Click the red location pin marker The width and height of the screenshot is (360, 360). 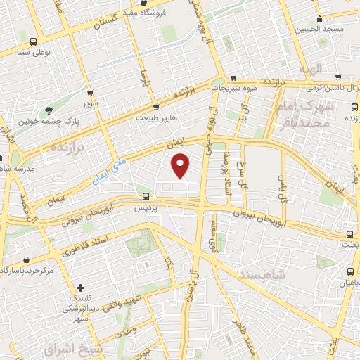point(181,166)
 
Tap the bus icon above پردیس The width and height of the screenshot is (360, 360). point(146,196)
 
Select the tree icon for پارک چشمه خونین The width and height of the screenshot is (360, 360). point(49,110)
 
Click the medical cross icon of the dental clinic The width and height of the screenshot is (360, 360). point(82,288)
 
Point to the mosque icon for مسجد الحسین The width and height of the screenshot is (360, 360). point(320,18)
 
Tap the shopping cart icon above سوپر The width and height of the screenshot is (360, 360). point(90,92)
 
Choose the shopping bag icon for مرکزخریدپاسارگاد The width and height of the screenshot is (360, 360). point(26,259)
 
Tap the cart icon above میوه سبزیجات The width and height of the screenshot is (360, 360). point(233,78)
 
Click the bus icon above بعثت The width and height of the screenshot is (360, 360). point(349,234)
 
